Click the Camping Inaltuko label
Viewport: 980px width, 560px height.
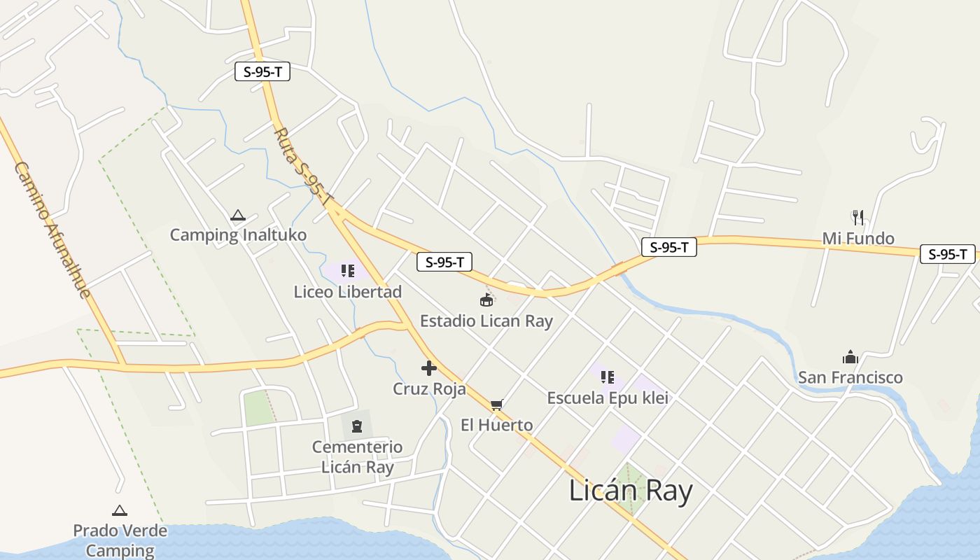coord(238,234)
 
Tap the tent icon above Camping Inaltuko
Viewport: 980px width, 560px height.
coord(238,216)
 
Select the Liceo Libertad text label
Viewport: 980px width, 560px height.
coord(348,292)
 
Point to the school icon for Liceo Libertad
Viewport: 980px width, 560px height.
coord(348,271)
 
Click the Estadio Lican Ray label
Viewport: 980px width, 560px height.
coord(486,321)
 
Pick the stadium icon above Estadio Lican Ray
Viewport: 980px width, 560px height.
coord(486,300)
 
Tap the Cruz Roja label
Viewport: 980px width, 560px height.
coord(429,389)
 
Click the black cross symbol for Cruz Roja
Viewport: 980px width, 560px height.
coord(429,368)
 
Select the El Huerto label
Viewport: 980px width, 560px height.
coord(496,425)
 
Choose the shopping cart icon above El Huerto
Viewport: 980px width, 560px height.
coord(496,405)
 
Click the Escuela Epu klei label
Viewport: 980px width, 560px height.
coord(607,398)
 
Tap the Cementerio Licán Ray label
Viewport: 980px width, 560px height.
coord(357,457)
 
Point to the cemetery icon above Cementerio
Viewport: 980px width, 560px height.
coord(357,426)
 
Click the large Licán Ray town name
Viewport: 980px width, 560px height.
coord(630,491)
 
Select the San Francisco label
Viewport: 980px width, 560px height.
coord(850,378)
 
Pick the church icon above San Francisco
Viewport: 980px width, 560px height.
coord(850,358)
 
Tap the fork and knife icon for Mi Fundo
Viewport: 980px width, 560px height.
coord(858,218)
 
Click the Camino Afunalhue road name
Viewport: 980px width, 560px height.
coord(52,230)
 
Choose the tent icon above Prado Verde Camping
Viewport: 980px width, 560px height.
coord(120,511)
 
